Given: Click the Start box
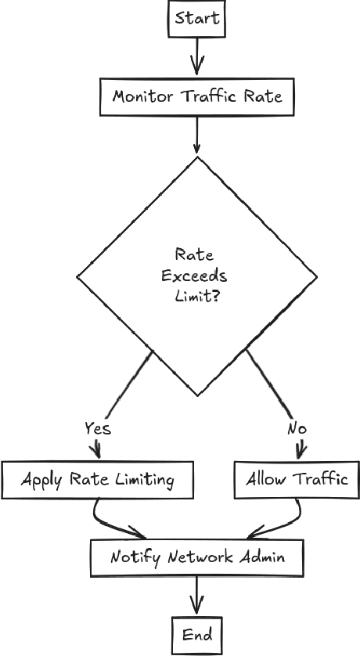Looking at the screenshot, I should [196, 18].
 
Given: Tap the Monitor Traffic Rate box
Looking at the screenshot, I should [196, 97].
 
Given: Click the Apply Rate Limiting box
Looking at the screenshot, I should [97, 479].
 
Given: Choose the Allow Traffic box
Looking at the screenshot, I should [297, 479].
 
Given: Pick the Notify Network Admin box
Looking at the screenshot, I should [196, 558].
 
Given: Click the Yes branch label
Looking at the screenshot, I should [98, 428].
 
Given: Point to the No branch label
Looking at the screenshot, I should [297, 428].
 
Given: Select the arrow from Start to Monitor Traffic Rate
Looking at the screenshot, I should [196, 56].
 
